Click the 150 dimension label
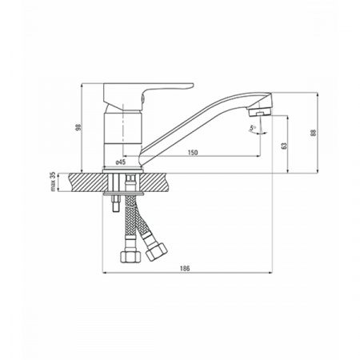(x=193, y=153)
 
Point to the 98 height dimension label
(x=78, y=127)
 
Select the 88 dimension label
(x=313, y=133)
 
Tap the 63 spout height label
(x=284, y=146)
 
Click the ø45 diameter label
(x=121, y=162)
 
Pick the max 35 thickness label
(x=53, y=182)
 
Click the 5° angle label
(x=252, y=127)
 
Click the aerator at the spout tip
(x=259, y=113)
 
